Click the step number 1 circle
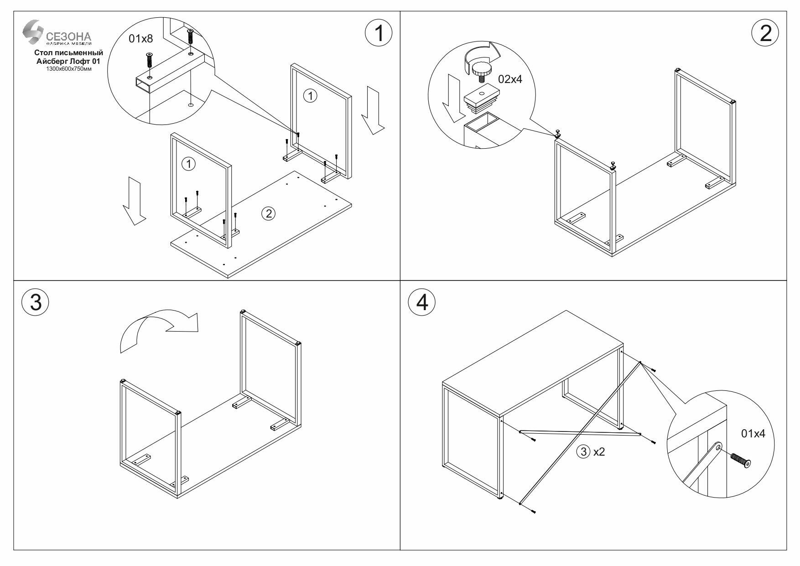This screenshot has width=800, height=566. pyautogui.click(x=379, y=34)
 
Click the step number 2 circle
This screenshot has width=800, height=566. pyautogui.click(x=765, y=34)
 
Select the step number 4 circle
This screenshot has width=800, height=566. pyautogui.click(x=422, y=302)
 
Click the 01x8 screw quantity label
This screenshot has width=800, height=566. pyautogui.click(x=140, y=39)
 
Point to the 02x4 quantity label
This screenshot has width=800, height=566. pyautogui.click(x=510, y=79)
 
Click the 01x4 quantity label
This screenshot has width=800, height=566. pyautogui.click(x=753, y=434)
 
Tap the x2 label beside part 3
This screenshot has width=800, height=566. pyautogui.click(x=598, y=452)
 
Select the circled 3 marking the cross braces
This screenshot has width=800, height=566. pyautogui.click(x=583, y=452)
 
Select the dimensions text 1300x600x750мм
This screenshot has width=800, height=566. pyautogui.click(x=68, y=68)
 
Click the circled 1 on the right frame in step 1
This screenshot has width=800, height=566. pyautogui.click(x=310, y=96)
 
